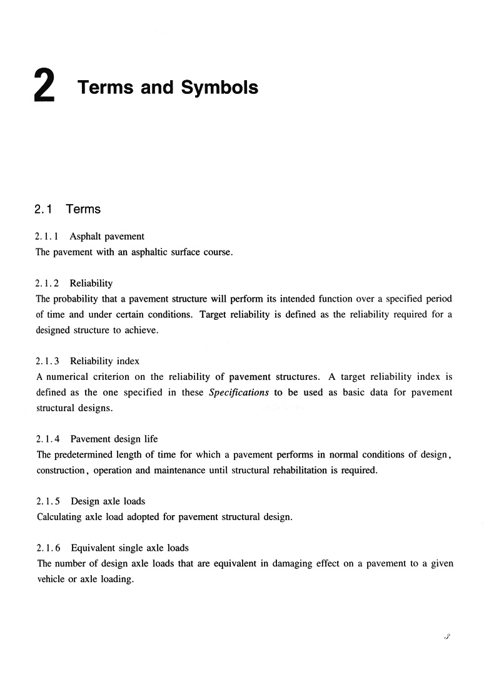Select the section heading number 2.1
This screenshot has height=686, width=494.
43,209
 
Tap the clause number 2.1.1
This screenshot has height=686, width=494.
48,237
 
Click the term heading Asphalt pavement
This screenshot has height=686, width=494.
107,237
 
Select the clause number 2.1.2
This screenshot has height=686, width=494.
48,284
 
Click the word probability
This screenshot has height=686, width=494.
81,299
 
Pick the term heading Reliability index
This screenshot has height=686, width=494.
104,361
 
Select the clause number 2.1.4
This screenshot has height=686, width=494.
48,439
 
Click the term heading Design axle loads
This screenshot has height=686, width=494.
108,501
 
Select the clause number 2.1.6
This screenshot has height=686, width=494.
48,548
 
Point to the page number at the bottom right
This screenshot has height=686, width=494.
447,637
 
